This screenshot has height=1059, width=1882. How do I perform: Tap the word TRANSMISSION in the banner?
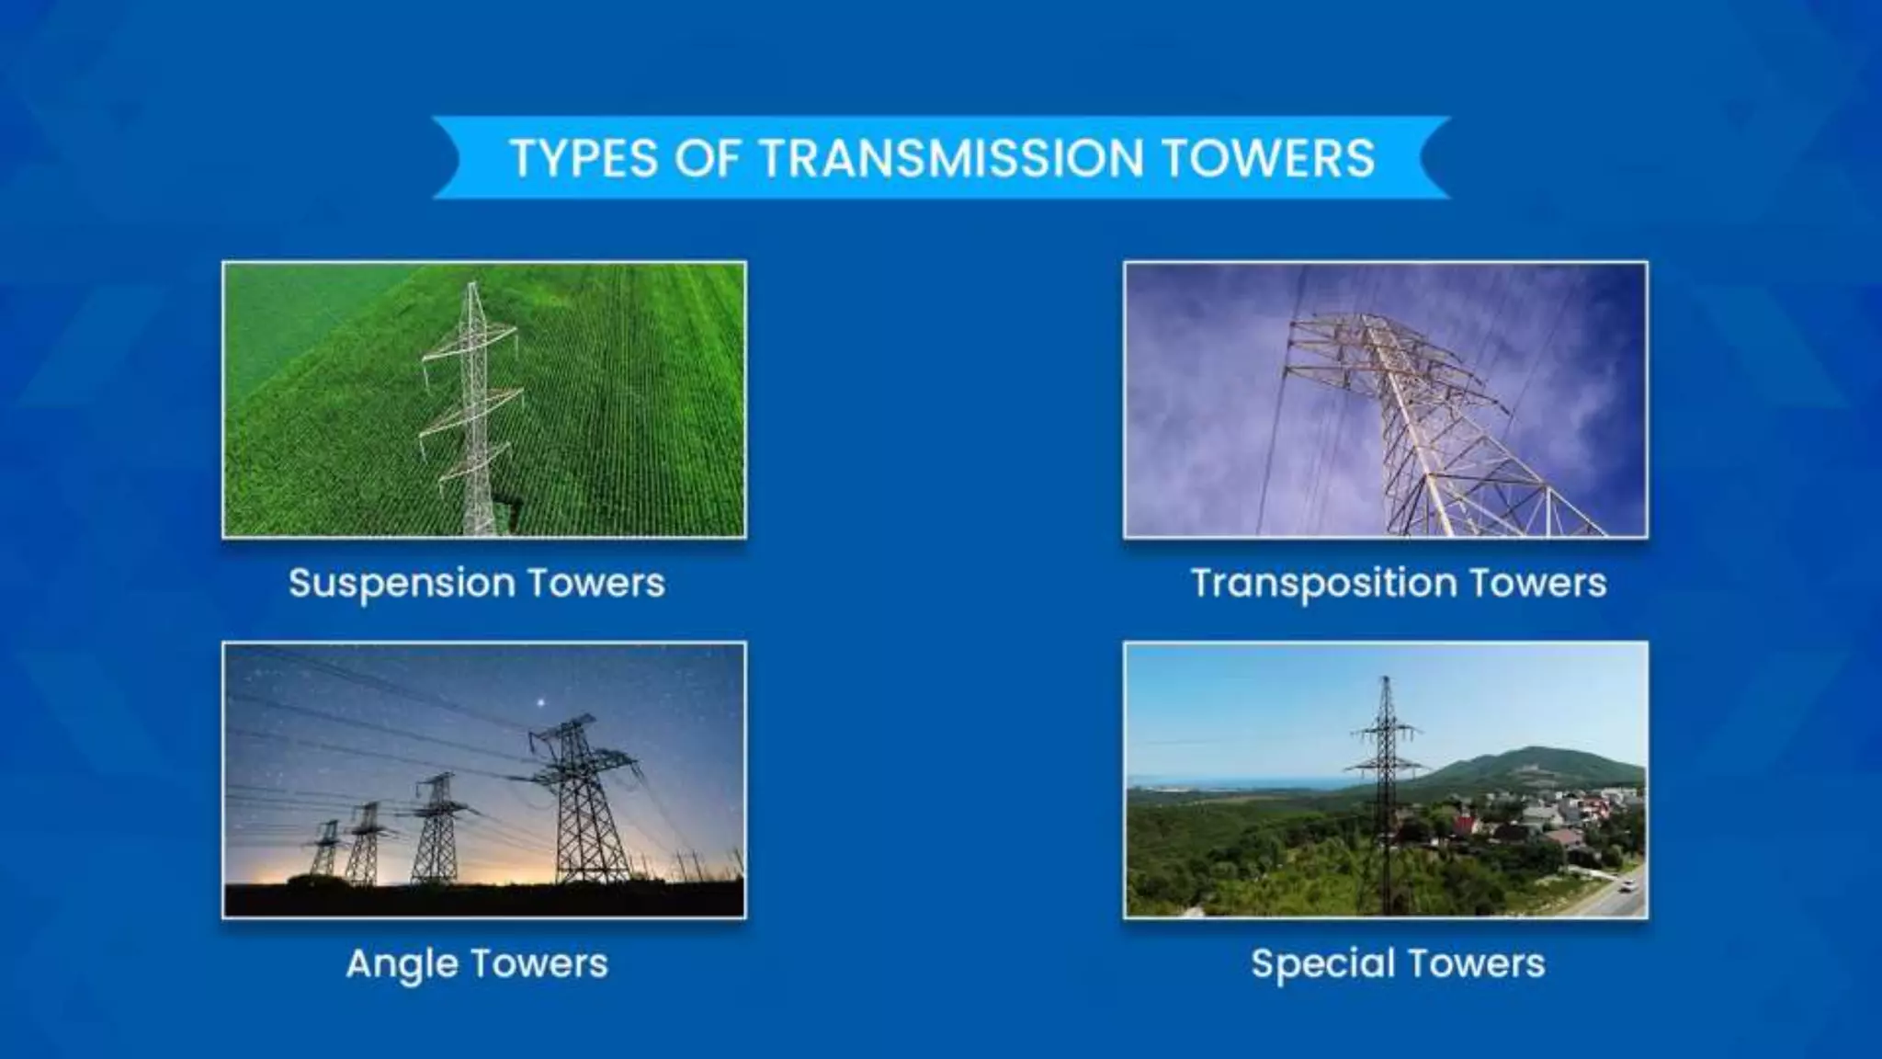click(952, 158)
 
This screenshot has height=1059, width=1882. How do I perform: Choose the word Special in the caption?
click(1318, 963)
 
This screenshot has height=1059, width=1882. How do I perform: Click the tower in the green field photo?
click(473, 414)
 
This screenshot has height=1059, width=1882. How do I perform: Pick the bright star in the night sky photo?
click(541, 703)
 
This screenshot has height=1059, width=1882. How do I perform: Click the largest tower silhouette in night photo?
click(581, 800)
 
